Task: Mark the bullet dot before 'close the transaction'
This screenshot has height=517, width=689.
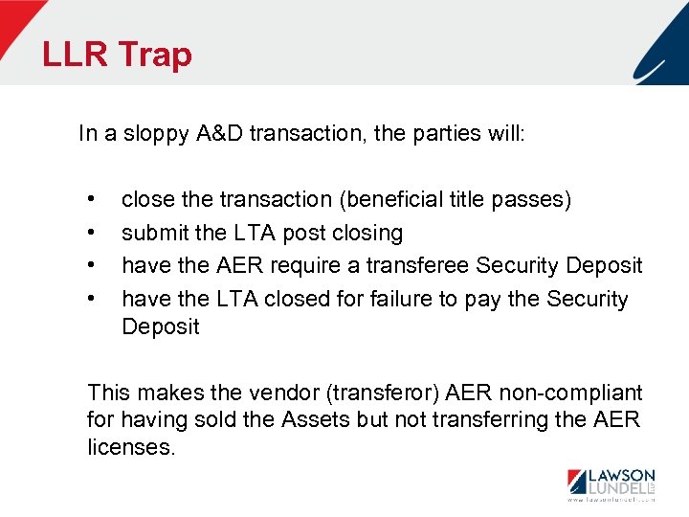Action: (90, 199)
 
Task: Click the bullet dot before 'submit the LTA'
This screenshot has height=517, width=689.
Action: (90, 233)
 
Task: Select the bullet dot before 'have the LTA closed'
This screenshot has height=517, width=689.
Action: (90, 299)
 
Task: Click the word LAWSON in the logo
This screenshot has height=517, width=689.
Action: (621, 475)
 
